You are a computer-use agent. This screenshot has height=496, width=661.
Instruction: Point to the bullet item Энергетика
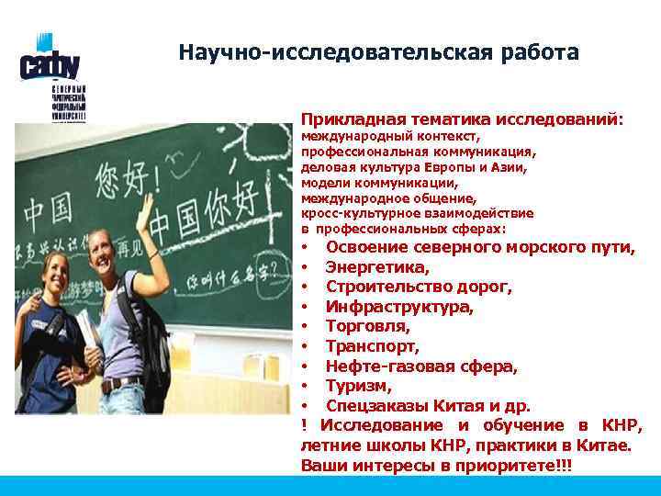376,267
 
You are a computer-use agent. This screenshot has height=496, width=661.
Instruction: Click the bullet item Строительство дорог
419,287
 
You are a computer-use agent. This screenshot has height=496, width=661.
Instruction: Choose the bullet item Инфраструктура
399,307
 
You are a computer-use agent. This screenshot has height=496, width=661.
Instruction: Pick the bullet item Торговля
368,326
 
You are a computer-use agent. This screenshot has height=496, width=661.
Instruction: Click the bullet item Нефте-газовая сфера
421,366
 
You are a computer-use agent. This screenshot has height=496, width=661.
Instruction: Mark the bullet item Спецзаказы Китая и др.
428,406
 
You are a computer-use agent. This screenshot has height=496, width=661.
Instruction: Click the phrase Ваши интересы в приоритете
433,466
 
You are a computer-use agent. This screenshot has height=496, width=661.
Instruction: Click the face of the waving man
115,244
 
